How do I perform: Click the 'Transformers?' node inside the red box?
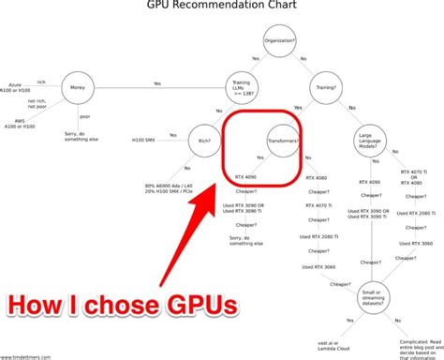tap(283, 142)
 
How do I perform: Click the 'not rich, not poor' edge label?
tap(37, 104)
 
